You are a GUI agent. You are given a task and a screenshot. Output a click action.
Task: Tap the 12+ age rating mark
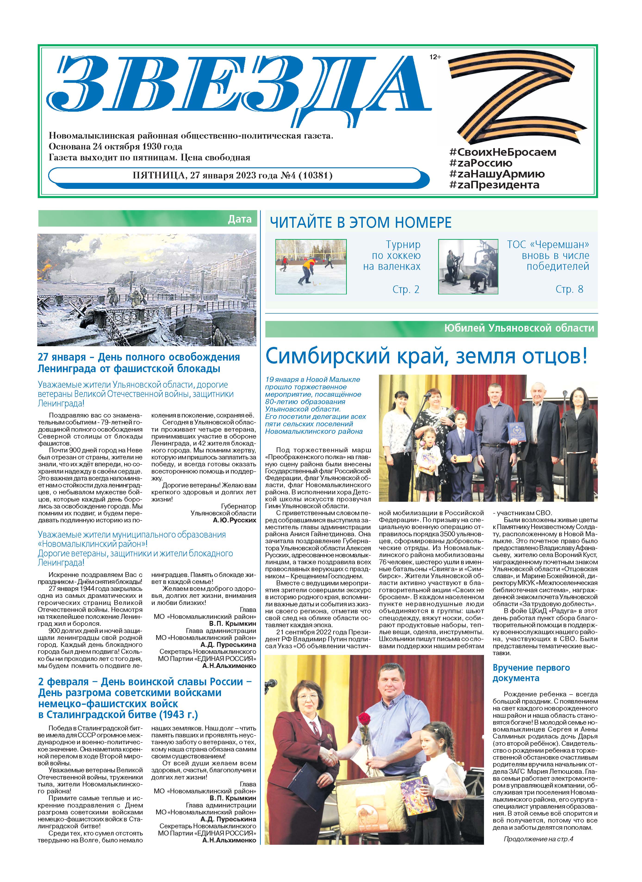click(435, 57)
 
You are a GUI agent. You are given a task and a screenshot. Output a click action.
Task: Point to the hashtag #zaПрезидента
click(494, 185)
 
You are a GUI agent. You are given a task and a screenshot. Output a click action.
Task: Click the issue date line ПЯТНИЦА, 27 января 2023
click(233, 175)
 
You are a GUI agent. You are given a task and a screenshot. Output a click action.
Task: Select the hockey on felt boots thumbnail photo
click(311, 266)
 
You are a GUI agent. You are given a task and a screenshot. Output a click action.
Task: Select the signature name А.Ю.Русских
click(235, 520)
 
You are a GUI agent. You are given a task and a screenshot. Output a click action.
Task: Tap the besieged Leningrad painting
click(147, 290)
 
